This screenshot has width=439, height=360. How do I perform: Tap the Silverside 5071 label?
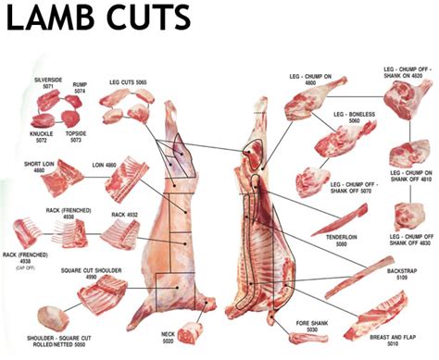(x=47, y=84)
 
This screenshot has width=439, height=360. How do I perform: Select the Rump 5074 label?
(x=80, y=87)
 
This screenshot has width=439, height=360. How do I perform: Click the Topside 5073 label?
(x=77, y=138)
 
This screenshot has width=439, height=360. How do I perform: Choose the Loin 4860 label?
(x=103, y=167)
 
